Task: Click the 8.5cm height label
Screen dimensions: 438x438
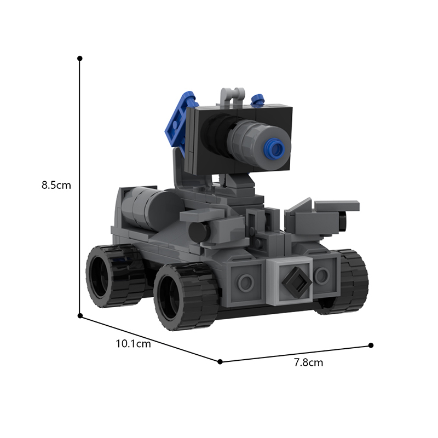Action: pos(56,185)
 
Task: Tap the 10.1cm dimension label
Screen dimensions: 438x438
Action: pos(133,344)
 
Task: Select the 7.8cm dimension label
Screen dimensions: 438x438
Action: pos(308,362)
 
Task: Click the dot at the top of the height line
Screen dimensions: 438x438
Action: pos(80,59)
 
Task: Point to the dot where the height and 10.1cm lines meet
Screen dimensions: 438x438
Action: pos(80,316)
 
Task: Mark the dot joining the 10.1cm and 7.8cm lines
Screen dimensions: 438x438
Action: pos(220,362)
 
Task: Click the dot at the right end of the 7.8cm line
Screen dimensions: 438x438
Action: pos(371,345)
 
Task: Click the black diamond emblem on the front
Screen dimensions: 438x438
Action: pos(297,281)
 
